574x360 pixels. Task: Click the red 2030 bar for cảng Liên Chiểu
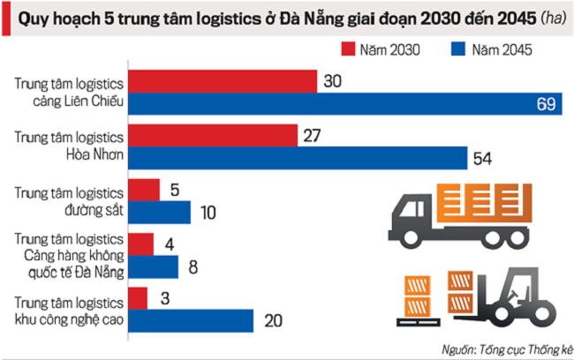(x=223, y=82)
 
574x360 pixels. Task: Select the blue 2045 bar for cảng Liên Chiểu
(x=344, y=104)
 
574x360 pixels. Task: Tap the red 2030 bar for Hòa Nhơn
(x=213, y=136)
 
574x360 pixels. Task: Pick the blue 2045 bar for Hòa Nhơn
(x=298, y=158)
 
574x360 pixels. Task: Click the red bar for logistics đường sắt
(x=144, y=190)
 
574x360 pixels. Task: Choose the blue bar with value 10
(x=159, y=212)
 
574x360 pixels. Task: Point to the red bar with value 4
(x=141, y=244)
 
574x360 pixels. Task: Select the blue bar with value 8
(x=154, y=266)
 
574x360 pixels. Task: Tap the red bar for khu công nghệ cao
(x=138, y=297)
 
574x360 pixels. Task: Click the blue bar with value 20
(x=191, y=319)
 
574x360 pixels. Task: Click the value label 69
(x=546, y=105)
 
